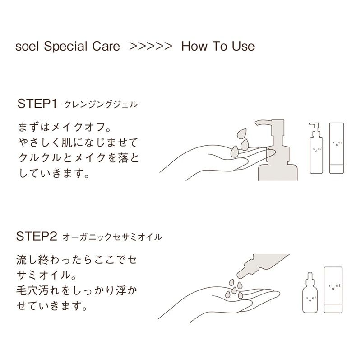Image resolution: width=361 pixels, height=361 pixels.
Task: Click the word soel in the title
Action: pos(26,46)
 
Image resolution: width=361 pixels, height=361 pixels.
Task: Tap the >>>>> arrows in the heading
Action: pos(150,46)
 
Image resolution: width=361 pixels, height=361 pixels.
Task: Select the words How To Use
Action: pos(218,46)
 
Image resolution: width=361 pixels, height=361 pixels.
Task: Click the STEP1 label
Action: pos(37,104)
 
